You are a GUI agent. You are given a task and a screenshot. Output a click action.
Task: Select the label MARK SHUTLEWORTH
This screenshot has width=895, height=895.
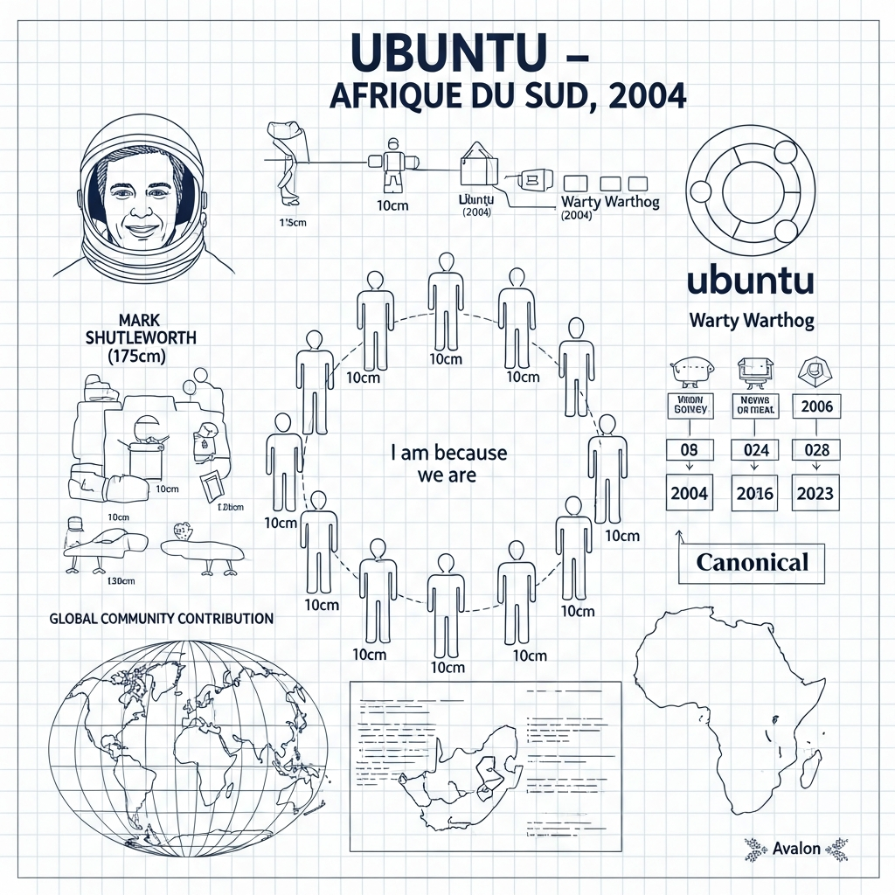click(141, 329)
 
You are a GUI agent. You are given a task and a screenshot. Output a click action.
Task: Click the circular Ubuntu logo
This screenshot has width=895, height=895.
click(752, 190)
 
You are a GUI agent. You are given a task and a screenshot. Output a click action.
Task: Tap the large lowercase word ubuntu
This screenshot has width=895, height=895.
click(751, 281)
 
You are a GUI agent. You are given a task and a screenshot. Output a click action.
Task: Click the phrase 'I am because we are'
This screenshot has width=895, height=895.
click(447, 464)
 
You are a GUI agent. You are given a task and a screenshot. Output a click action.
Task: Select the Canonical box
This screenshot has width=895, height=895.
click(752, 562)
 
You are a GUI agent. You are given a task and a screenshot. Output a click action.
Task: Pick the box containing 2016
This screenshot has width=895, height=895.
click(755, 493)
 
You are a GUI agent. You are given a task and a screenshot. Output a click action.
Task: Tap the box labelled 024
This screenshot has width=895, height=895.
click(755, 449)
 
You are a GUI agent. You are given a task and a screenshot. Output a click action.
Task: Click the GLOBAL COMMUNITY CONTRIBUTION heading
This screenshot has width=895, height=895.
click(162, 618)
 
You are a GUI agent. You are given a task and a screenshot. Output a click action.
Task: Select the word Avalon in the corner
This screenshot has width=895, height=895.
click(796, 848)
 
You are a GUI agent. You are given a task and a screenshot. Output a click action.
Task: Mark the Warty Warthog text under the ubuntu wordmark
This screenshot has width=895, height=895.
click(751, 320)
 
